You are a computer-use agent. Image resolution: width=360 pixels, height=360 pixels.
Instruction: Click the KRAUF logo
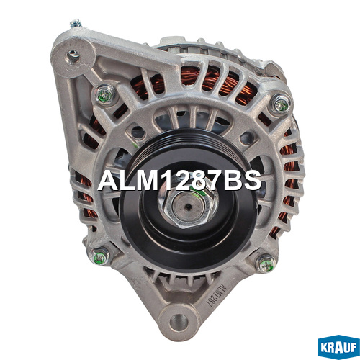338,347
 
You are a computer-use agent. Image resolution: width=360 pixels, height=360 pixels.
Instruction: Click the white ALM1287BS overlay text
179,181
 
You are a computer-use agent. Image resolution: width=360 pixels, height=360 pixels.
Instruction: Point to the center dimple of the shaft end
189,207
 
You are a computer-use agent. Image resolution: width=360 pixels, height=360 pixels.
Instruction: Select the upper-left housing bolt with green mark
105,94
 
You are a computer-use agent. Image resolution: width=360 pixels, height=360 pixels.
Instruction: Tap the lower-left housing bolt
99,257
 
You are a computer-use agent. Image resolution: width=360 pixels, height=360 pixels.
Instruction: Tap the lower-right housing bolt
266,263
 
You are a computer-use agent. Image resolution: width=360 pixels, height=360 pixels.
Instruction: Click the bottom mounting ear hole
179,323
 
